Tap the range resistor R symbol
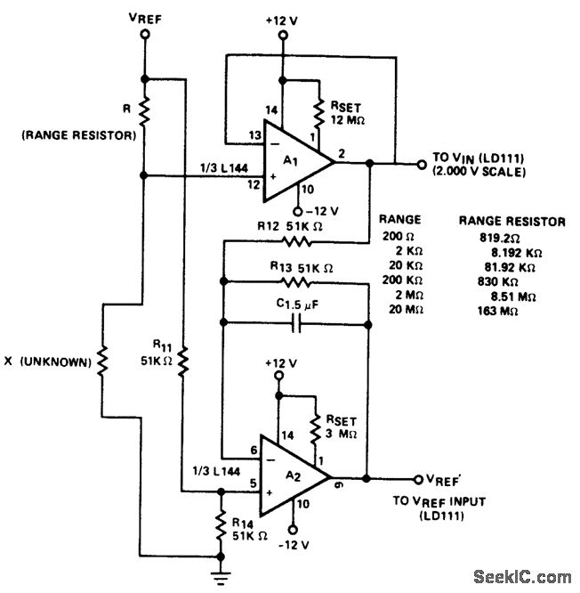pos(144,112)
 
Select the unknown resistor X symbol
pos(102,361)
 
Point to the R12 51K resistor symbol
pos(294,240)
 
